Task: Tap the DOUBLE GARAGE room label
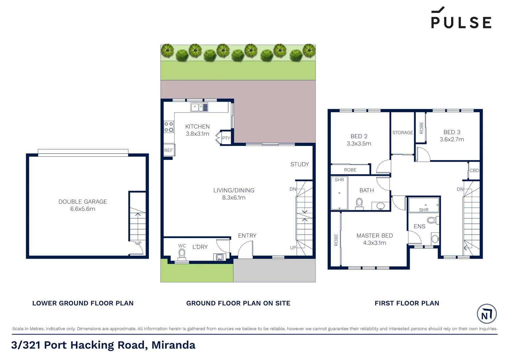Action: [83, 202]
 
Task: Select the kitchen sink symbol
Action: [199, 107]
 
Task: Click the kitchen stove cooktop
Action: [169, 127]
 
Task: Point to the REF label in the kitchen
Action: [169, 150]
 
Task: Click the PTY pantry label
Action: [226, 138]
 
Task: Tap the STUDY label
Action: [299, 164]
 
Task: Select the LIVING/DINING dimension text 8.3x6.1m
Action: [234, 198]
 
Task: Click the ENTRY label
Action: [247, 236]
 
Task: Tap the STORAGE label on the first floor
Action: [402, 133]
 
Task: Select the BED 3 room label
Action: [452, 132]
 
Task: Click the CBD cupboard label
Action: [474, 170]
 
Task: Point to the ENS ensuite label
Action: [419, 226]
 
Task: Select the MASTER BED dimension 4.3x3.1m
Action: [374, 243]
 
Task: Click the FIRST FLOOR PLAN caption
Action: [407, 303]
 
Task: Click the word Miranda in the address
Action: [173, 345]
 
